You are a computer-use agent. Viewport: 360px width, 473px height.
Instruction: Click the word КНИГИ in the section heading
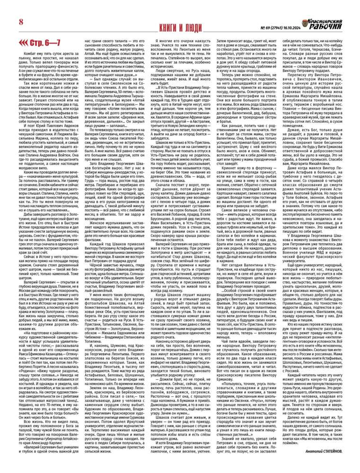158,24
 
